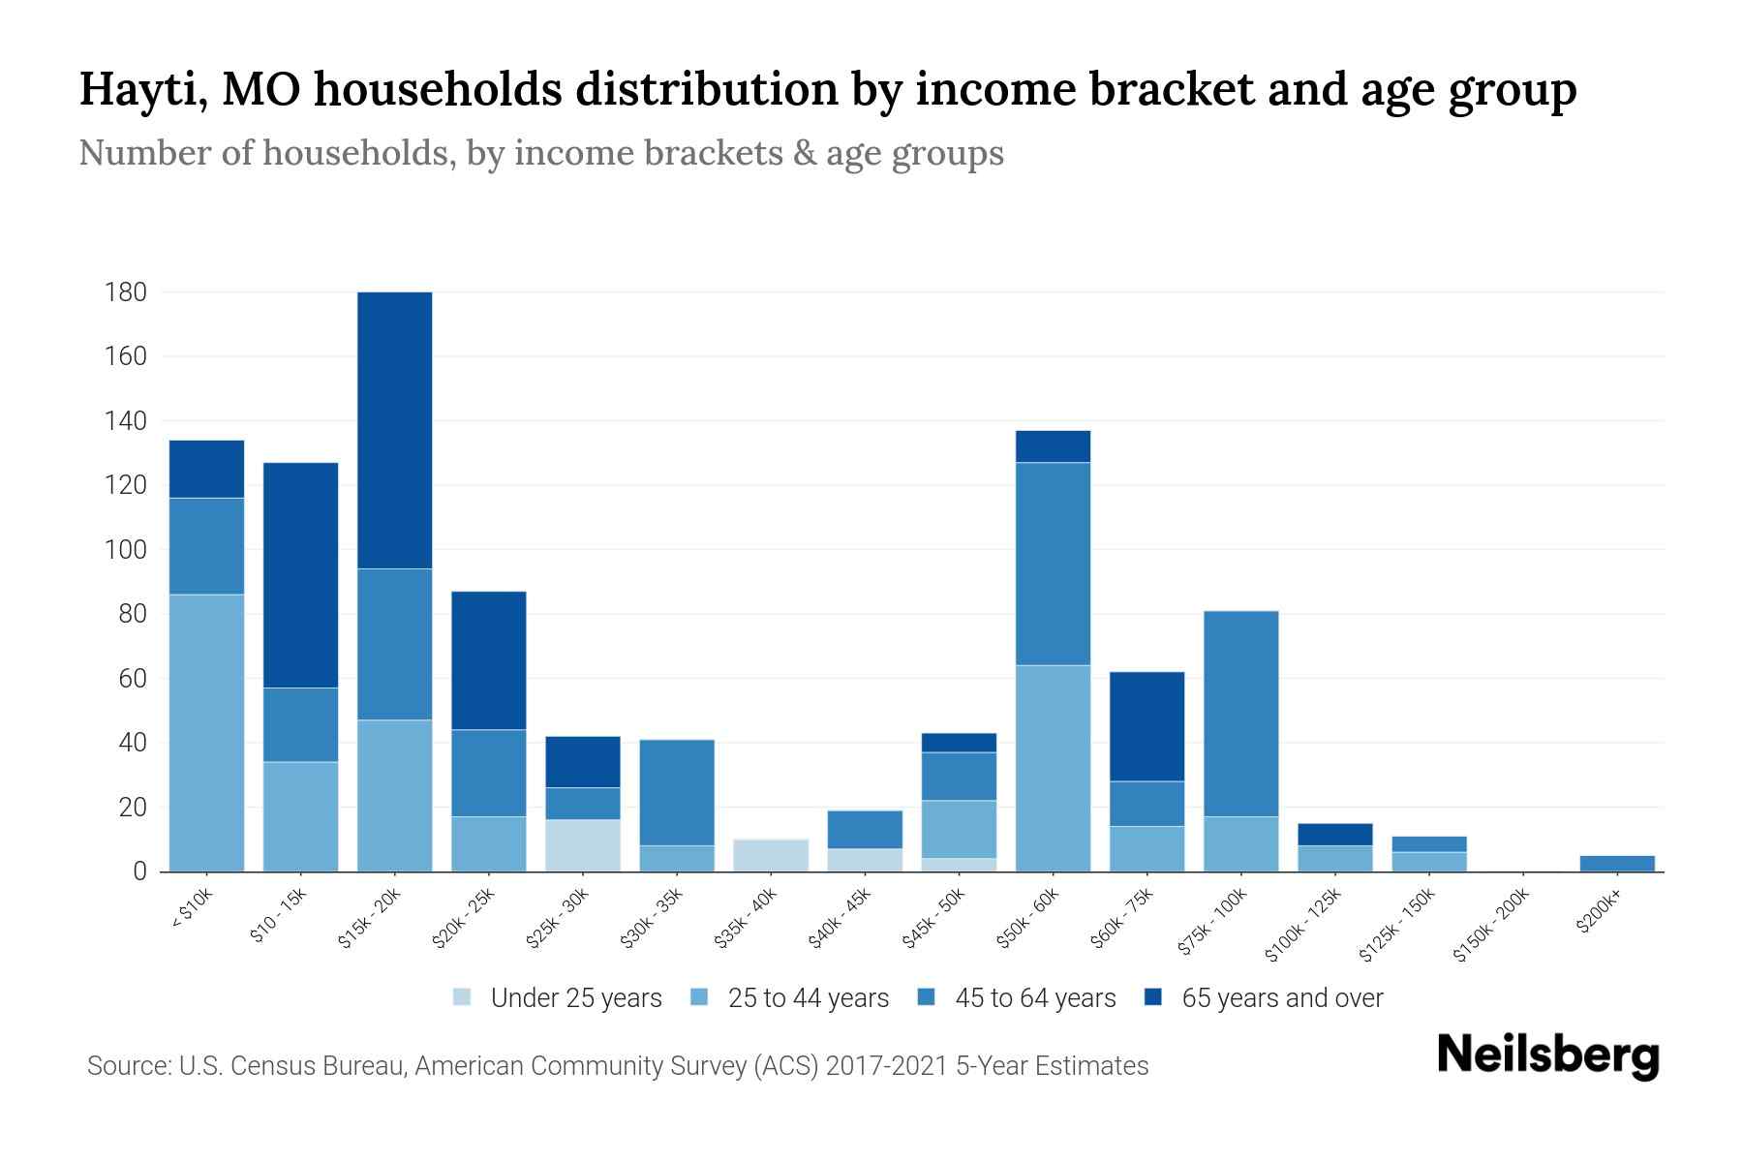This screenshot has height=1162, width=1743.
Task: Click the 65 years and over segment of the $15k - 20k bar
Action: point(394,430)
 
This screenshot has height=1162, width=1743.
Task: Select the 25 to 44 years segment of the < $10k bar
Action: point(206,733)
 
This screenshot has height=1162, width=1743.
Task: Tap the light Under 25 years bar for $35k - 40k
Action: point(771,855)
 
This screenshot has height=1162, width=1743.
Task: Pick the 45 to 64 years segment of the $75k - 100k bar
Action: point(1240,714)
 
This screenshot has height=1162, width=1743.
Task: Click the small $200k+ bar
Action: point(1617,863)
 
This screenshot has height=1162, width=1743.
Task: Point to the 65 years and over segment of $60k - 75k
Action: point(1147,726)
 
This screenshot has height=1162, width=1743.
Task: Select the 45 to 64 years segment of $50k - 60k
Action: point(1053,564)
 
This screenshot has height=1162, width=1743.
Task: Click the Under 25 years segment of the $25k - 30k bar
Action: point(582,845)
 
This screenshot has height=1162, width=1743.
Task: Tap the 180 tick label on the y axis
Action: point(126,292)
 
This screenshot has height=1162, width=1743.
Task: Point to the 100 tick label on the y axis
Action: point(126,550)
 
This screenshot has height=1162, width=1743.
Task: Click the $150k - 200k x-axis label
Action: point(1492,926)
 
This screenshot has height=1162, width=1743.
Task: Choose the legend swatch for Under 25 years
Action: point(463,997)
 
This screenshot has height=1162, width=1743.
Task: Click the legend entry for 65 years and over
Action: point(1281,997)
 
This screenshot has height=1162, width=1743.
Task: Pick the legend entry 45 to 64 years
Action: point(1034,997)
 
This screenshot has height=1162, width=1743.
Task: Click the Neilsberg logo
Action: point(1547,1055)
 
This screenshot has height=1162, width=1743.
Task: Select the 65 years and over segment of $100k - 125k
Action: point(1334,835)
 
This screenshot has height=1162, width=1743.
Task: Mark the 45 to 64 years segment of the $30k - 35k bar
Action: point(677,792)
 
